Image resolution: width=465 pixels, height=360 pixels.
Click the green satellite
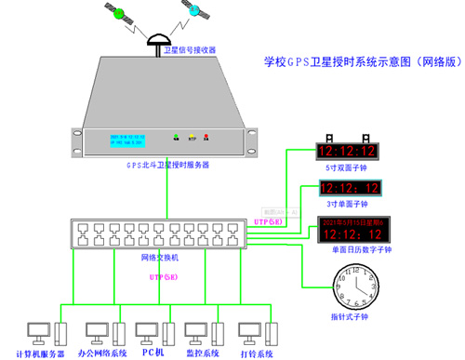119,14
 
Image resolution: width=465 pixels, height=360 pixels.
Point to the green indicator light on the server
177,139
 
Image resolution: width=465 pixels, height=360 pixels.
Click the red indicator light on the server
207,139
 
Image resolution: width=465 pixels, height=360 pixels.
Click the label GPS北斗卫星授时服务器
168,165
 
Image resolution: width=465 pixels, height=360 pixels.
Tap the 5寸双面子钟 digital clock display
347,151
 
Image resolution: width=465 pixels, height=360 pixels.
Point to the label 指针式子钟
352,317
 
